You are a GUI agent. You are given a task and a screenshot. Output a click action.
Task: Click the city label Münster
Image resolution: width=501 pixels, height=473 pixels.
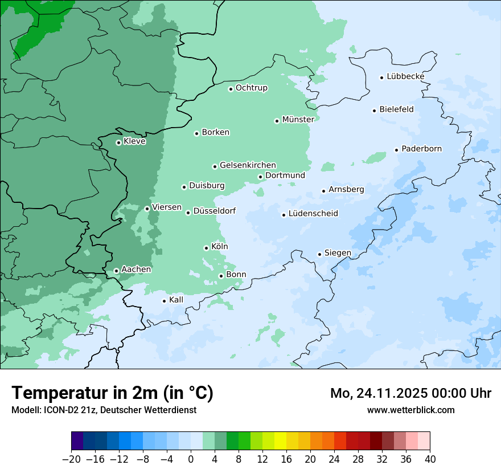[x=298, y=120]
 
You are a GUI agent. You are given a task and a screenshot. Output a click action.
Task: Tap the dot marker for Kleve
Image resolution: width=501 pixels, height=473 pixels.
[x=118, y=142]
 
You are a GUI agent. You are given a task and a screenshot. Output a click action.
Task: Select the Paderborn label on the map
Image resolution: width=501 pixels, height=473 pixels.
[x=421, y=149]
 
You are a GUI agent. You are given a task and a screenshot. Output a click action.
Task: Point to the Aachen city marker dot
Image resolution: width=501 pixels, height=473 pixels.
[x=116, y=271]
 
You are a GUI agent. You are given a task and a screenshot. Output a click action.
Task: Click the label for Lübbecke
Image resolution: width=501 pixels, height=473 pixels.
[x=405, y=76]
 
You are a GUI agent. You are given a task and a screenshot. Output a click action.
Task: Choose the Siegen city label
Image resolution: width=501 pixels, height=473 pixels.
[x=338, y=253]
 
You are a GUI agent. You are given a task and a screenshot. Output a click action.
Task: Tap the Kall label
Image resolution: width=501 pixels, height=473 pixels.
[x=176, y=300]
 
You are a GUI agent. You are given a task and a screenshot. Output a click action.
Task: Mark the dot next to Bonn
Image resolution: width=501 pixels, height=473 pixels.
[x=221, y=276]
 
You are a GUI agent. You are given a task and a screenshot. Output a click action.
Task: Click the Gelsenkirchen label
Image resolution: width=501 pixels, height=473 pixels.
[x=248, y=165]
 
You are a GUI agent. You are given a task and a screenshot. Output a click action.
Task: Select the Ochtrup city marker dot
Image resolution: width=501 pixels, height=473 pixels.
[x=231, y=89]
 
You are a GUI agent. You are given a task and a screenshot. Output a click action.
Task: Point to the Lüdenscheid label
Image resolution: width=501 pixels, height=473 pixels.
[x=313, y=214]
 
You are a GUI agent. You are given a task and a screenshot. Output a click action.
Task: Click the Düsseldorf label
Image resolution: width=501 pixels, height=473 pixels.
[x=214, y=211]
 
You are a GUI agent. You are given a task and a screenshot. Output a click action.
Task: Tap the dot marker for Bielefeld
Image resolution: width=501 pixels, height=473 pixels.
[x=374, y=111]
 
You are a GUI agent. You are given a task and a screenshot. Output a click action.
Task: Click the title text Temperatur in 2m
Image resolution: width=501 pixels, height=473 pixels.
[x=112, y=393]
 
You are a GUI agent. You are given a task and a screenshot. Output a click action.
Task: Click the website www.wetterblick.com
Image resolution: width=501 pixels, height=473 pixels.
[x=410, y=410]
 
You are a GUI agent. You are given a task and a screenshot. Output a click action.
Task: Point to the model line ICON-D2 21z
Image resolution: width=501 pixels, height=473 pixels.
[x=103, y=410]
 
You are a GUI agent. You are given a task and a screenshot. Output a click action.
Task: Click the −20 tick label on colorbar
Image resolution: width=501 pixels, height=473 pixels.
[x=71, y=459]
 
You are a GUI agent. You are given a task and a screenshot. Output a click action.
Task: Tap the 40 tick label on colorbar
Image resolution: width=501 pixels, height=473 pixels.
[x=430, y=459]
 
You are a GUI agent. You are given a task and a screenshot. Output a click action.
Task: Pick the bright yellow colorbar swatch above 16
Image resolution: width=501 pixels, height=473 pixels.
[x=280, y=441]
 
